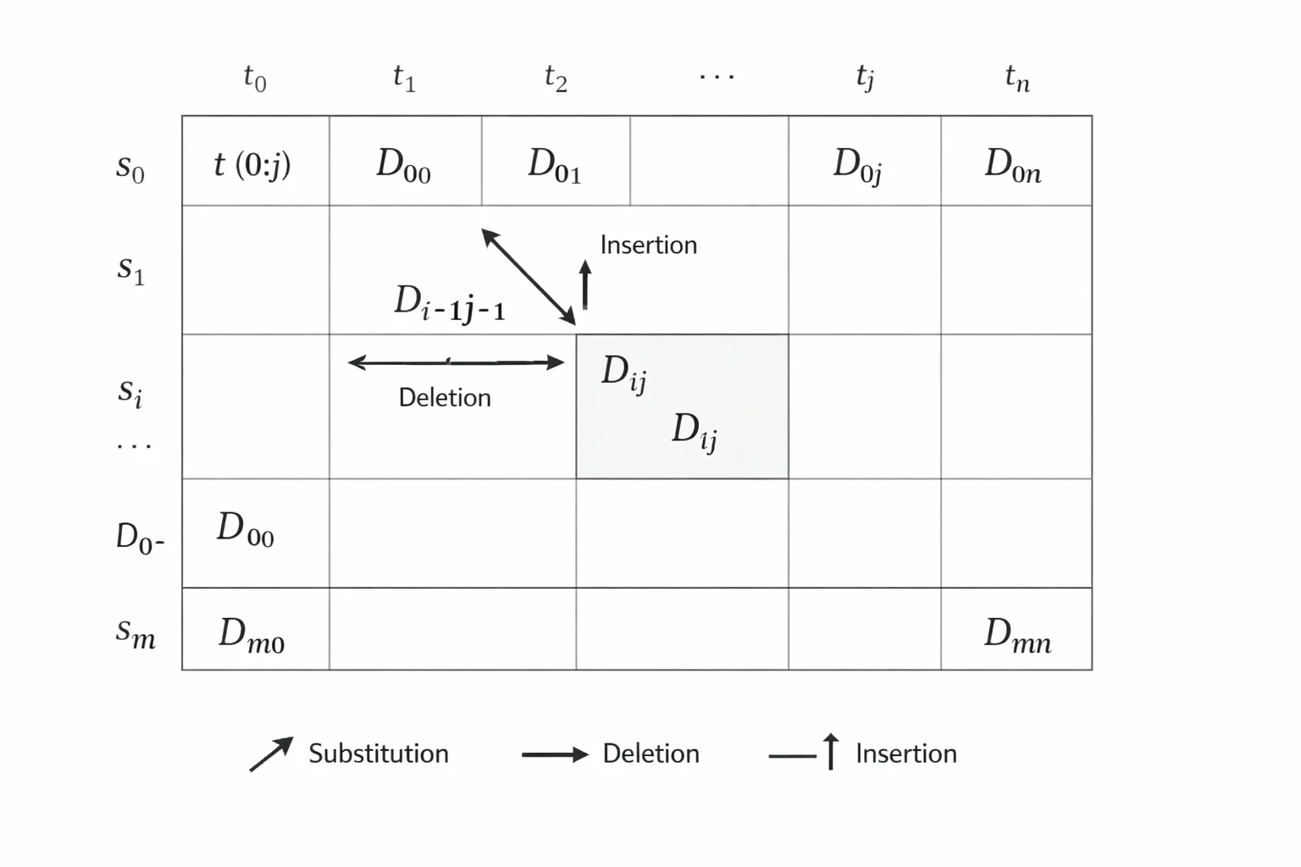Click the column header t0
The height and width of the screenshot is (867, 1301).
click(254, 78)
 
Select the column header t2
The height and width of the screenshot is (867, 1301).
click(556, 78)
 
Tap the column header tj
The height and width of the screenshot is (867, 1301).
click(865, 78)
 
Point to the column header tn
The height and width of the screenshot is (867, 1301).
click(1017, 78)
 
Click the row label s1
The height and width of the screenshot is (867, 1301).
click(130, 270)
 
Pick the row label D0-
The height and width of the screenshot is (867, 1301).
click(140, 538)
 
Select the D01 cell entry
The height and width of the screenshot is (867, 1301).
click(554, 165)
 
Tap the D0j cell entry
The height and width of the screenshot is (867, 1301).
click(858, 166)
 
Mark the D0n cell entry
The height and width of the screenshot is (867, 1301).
click(1013, 165)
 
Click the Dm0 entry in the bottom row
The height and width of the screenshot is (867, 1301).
click(252, 635)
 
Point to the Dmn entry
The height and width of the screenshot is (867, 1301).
click(1017, 635)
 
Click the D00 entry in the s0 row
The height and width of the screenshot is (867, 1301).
click(403, 165)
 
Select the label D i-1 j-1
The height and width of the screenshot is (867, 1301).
click(450, 304)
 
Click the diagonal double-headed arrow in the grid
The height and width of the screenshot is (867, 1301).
click(529, 276)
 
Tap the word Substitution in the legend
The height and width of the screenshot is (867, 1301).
click(379, 754)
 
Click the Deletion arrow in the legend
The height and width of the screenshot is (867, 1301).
click(556, 755)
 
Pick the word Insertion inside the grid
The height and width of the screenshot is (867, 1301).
click(649, 245)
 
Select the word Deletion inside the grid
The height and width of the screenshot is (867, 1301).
click(445, 398)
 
